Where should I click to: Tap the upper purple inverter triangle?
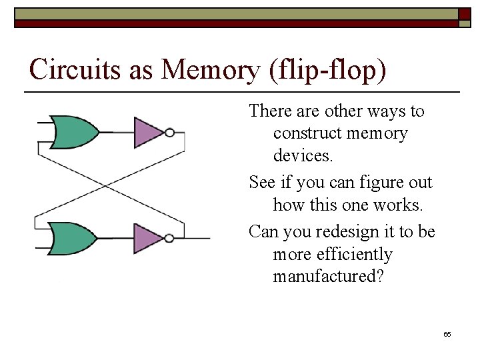coord(148,132)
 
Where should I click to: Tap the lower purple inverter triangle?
coord(148,238)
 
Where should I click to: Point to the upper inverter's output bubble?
coord(170,133)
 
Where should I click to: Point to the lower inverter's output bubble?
coord(170,238)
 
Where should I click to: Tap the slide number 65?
coord(447,333)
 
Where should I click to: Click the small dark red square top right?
coord(464,13)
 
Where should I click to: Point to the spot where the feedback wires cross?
coord(110,185)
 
